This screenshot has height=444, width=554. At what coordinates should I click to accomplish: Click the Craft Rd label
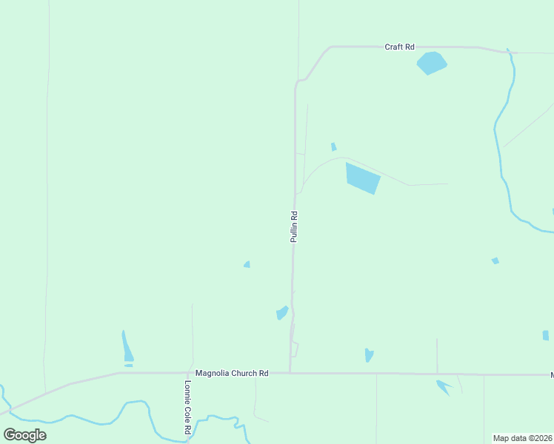[399, 47]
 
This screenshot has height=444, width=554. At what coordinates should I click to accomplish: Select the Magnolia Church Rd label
[231, 374]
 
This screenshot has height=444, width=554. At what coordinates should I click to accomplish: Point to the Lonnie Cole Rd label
[188, 407]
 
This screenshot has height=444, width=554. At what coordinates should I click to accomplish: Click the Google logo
[24, 434]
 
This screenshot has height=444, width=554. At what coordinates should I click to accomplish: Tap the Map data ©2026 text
[523, 438]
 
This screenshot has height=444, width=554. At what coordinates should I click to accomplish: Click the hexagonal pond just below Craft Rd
[432, 63]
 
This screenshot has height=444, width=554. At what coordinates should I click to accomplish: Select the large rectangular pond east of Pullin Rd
[362, 178]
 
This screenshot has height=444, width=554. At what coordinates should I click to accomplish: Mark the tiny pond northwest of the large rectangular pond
[333, 147]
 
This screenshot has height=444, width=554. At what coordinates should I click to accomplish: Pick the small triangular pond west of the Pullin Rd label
[247, 264]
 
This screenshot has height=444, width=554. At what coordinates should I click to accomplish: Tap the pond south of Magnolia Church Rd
[443, 386]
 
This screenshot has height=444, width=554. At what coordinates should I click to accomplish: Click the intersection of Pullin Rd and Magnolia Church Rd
[290, 373]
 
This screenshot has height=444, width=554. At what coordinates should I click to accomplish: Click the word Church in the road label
[238, 374]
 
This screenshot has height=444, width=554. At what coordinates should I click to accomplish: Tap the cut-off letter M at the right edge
[551, 375]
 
